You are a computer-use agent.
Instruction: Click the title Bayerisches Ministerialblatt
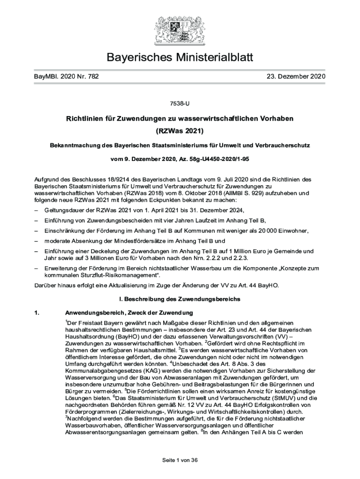(180, 58)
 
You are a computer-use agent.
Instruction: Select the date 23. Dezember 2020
(295, 76)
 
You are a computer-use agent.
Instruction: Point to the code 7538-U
(180, 102)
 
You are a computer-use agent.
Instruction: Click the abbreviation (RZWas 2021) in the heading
(180, 131)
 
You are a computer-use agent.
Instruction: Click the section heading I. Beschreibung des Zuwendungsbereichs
(180, 298)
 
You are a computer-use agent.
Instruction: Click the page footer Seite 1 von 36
(180, 460)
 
